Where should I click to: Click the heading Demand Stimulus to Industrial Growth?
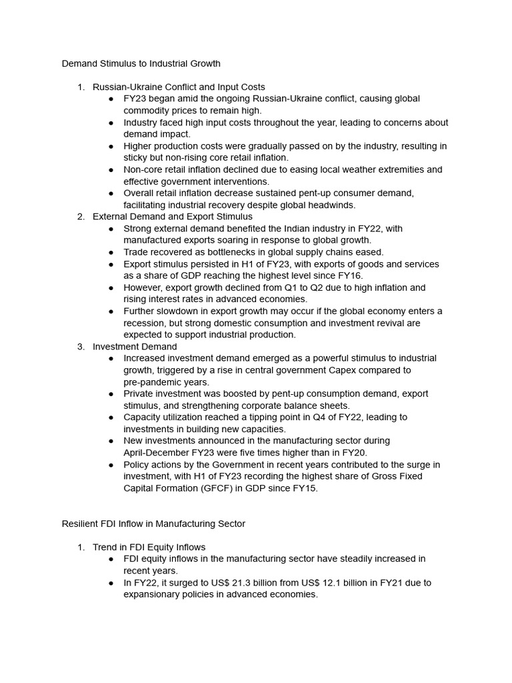click(x=141, y=64)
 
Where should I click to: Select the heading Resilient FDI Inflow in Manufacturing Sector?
click(x=153, y=524)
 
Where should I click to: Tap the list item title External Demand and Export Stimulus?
click(x=173, y=216)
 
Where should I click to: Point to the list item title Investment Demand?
click(x=135, y=346)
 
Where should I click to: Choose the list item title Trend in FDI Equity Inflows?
click(x=149, y=547)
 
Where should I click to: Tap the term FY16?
click(x=372, y=275)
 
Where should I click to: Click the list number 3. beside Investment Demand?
click(x=81, y=346)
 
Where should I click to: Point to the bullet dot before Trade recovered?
click(x=111, y=252)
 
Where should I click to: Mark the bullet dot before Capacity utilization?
click(x=111, y=417)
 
